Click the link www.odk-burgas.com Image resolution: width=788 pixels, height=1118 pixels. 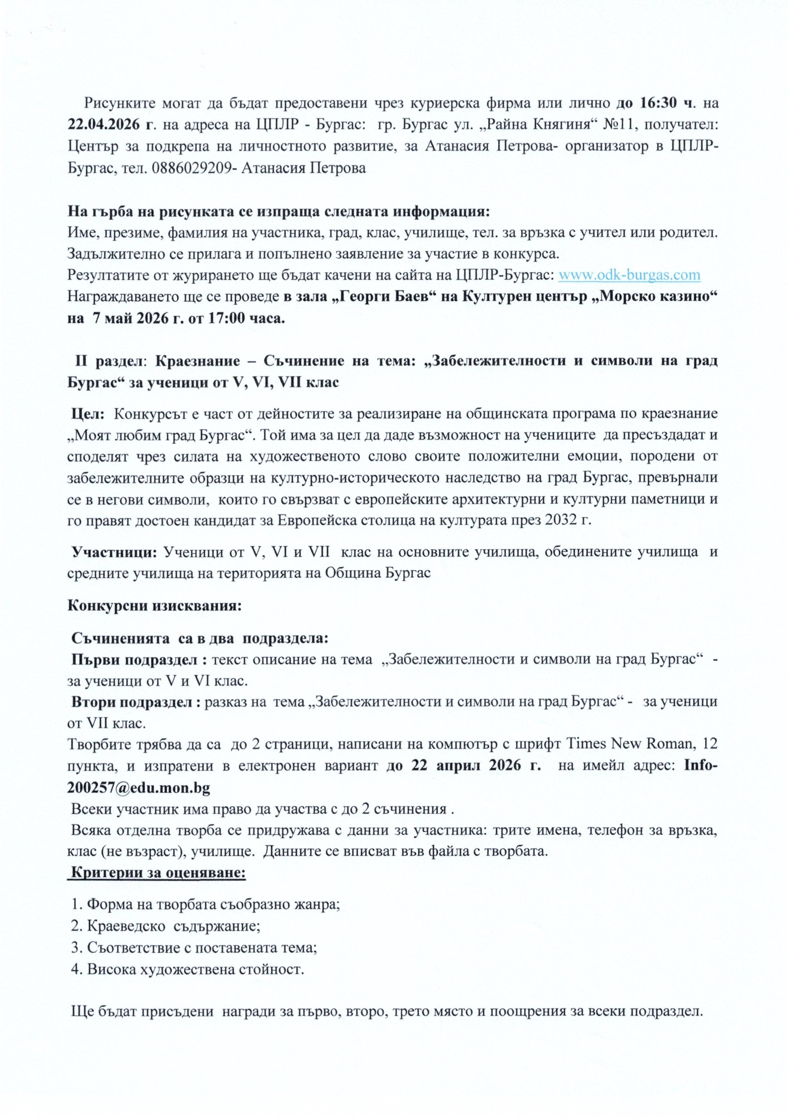[x=629, y=275]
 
